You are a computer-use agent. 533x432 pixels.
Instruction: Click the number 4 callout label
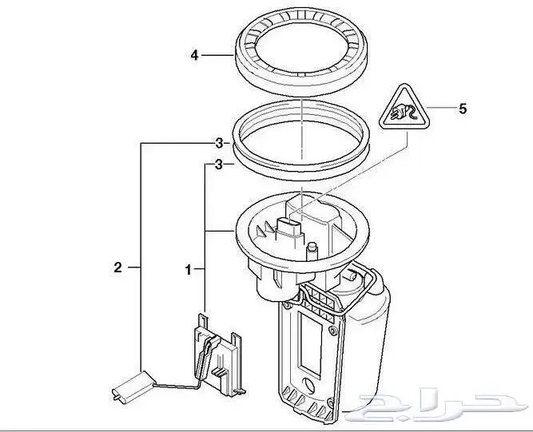click(194, 56)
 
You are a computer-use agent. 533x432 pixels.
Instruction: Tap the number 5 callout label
click(461, 109)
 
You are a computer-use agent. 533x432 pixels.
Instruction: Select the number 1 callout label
click(189, 271)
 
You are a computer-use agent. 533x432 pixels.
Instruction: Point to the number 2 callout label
click(117, 268)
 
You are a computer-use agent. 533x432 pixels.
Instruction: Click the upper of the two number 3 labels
click(217, 144)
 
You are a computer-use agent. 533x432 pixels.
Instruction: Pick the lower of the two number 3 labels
click(217, 164)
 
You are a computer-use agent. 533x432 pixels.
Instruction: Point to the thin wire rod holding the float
click(172, 385)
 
